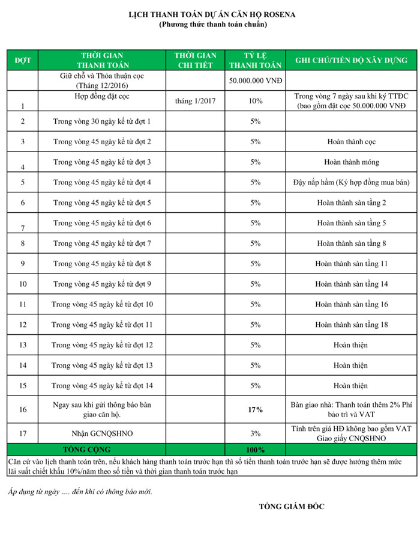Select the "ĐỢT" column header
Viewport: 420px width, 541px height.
click(22, 60)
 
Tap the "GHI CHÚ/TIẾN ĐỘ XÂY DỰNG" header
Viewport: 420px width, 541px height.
click(351, 60)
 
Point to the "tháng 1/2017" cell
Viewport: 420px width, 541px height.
click(196, 101)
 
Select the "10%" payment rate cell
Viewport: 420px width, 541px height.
click(256, 101)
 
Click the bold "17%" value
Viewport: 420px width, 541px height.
click(256, 409)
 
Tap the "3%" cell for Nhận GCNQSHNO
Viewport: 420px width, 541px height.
click(256, 433)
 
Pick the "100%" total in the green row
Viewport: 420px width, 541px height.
click(256, 449)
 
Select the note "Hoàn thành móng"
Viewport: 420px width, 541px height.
click(351, 162)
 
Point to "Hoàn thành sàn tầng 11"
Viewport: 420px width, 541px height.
click(351, 263)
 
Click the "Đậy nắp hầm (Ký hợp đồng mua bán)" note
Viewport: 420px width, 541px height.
click(351, 182)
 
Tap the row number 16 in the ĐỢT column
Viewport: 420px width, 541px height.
click(22, 409)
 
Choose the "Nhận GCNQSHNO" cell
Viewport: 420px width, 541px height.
click(102, 433)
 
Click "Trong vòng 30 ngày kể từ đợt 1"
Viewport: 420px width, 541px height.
click(102, 121)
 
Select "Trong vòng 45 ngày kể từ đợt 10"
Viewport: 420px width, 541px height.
click(102, 304)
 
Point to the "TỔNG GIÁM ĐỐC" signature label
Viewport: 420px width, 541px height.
click(292, 507)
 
